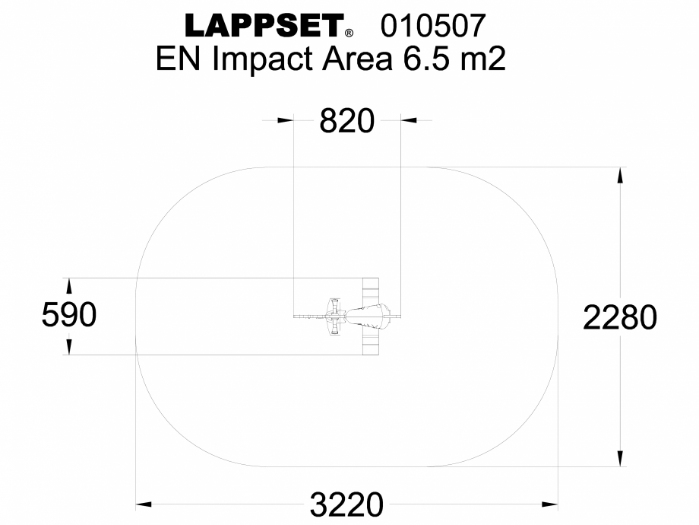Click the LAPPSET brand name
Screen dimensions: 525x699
pyautogui.click(x=263, y=27)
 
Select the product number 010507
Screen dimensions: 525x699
pyautogui.click(x=432, y=27)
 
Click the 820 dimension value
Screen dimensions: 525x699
pyautogui.click(x=347, y=121)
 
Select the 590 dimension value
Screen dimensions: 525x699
pyautogui.click(x=69, y=315)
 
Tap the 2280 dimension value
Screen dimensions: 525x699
pyautogui.click(x=620, y=317)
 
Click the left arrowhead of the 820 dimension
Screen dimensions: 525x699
pyautogui.click(x=286, y=119)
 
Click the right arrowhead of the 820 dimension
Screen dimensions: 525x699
pyautogui.click(x=409, y=119)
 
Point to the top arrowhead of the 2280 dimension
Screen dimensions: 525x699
pyautogui.click(x=621, y=174)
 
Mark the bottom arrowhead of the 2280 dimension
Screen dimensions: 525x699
pyautogui.click(x=621, y=458)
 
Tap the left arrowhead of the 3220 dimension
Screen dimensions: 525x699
pyautogui.click(x=144, y=504)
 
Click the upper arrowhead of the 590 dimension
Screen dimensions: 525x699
pyautogui.click(x=69, y=285)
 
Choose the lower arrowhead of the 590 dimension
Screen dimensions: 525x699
pyautogui.click(x=69, y=347)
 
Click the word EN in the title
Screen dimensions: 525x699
pyautogui.click(x=181, y=60)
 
